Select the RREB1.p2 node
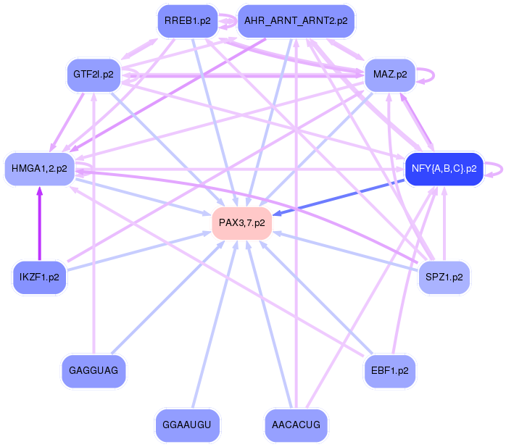tap(187, 21)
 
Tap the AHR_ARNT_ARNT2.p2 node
tap(296, 21)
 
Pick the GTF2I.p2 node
tap(94, 74)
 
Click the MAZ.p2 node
tap(389, 74)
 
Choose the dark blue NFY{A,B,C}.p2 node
tap(444, 168)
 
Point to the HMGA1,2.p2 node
tap(39, 168)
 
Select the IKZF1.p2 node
tap(39, 277)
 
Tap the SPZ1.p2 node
tap(444, 276)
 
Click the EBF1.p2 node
tap(389, 370)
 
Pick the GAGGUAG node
tap(94, 370)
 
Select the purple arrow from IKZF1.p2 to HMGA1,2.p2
tap(39, 225)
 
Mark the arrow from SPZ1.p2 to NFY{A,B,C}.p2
tap(444, 225)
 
